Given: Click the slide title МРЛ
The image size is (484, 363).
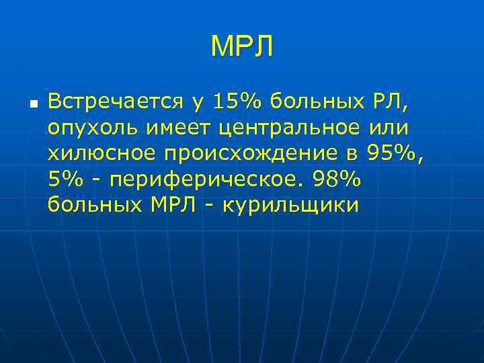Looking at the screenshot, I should click(242, 47).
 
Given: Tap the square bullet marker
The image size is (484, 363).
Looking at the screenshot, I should click(32, 105).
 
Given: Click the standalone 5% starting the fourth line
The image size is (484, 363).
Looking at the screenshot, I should click(63, 179).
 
